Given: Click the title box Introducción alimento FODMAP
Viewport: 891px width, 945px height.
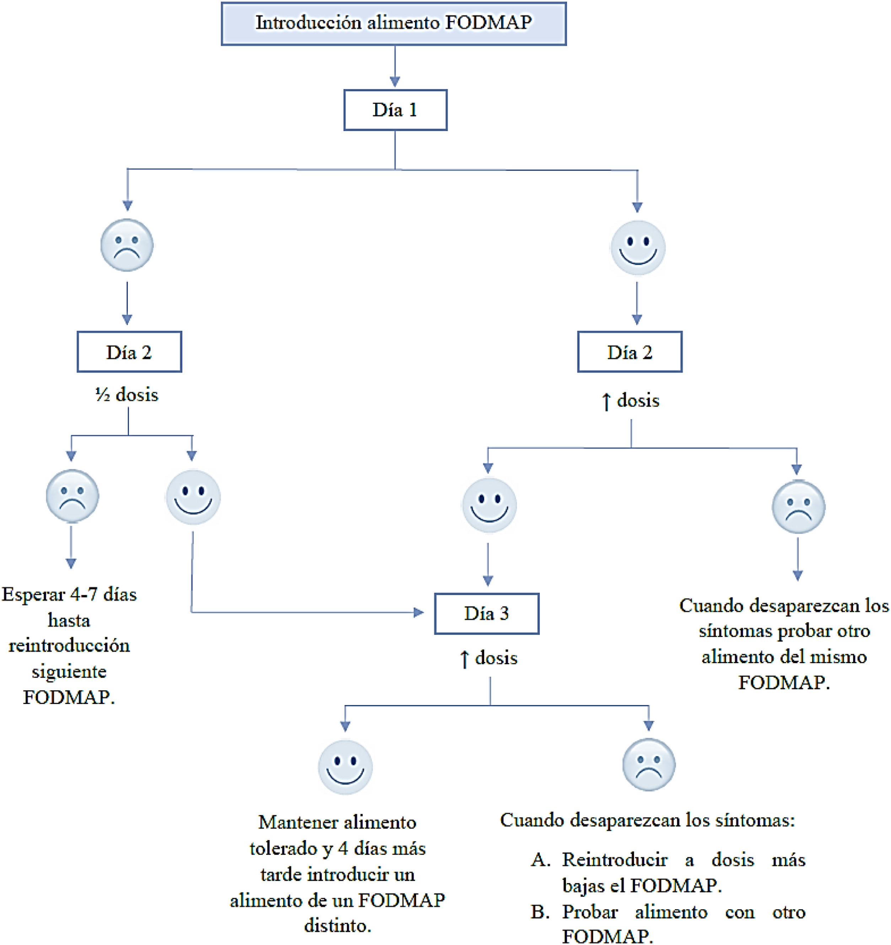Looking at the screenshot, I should [x=393, y=24].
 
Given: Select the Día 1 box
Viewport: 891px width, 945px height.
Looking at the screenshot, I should [x=395, y=110].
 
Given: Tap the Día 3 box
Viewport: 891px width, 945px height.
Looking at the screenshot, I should [x=486, y=613].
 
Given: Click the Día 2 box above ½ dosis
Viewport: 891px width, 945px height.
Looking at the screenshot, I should [x=129, y=352].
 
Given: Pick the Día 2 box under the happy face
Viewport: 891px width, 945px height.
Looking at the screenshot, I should [x=630, y=352].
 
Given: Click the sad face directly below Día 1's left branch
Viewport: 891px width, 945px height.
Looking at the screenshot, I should [x=127, y=245].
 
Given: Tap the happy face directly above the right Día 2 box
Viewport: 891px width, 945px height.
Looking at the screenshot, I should [x=638, y=248].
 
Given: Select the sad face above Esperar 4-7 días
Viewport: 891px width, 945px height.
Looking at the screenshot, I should [x=72, y=496].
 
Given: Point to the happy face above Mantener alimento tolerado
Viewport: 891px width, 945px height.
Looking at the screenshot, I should [x=345, y=767].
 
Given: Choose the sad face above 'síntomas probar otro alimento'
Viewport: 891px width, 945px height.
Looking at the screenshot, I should [x=798, y=507].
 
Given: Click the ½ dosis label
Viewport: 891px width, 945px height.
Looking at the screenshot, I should [x=127, y=395].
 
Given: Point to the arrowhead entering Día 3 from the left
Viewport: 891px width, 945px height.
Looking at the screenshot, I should [x=418, y=613].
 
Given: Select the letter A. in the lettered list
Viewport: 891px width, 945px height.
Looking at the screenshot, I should [x=541, y=859].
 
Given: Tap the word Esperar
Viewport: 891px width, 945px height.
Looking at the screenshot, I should [x=33, y=595].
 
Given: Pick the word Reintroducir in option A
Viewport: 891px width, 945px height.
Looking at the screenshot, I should [x=615, y=859].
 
